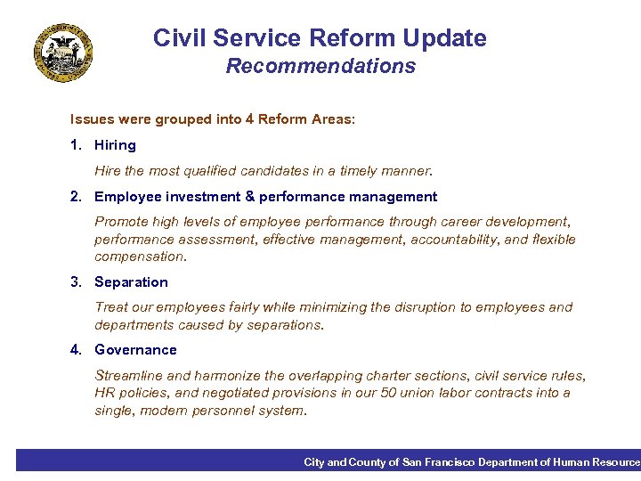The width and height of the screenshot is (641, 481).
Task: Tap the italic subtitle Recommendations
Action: (320, 66)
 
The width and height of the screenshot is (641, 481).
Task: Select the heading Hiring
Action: (115, 145)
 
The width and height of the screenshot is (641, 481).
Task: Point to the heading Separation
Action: (131, 282)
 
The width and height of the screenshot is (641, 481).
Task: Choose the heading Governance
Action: (135, 350)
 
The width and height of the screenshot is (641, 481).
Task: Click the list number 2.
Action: (76, 197)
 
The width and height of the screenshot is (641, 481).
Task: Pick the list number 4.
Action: (76, 350)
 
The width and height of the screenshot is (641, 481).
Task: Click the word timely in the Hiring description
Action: (354, 170)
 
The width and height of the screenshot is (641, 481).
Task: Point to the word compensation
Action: (141, 257)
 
